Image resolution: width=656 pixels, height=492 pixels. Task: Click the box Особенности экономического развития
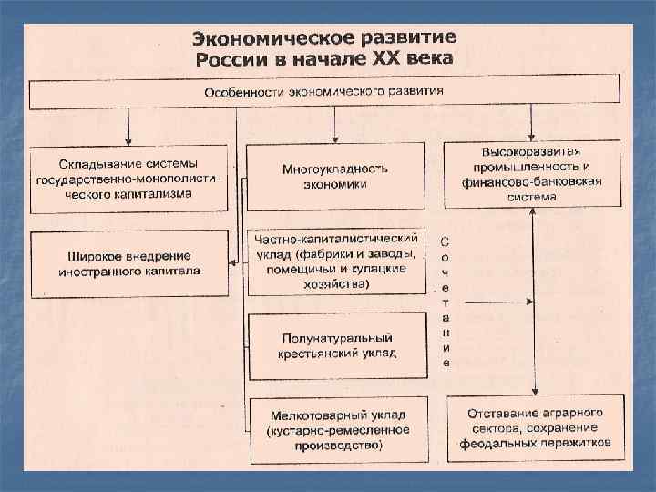pyautogui.click(x=324, y=93)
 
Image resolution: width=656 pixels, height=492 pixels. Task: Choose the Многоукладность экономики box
pyautogui.click(x=335, y=177)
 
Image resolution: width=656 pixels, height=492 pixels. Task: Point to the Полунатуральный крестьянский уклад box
pyautogui.click(x=337, y=344)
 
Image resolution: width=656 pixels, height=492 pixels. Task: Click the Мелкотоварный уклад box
pyautogui.click(x=337, y=424)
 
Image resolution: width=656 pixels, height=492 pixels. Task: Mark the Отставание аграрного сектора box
pyautogui.click(x=535, y=427)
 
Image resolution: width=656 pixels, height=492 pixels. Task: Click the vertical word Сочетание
pyautogui.click(x=444, y=302)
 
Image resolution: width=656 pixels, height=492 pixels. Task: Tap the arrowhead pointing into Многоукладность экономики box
pyautogui.click(x=335, y=138)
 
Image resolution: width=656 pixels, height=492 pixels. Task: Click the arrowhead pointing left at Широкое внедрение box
pyautogui.click(x=233, y=262)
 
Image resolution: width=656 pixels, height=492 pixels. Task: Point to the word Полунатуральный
pyautogui.click(x=338, y=336)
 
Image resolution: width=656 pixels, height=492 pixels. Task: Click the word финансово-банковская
pyautogui.click(x=532, y=180)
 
